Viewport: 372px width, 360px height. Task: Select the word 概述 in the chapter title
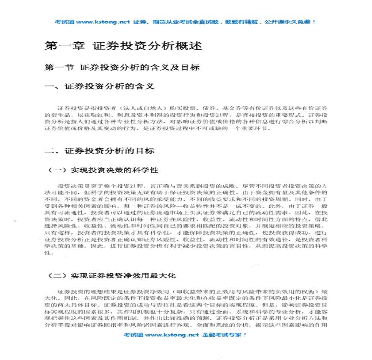[x=190, y=46]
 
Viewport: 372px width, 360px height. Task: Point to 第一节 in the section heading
[x=59, y=68]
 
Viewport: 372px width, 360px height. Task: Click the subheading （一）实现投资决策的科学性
[x=103, y=170]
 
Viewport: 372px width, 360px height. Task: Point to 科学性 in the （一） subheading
[x=148, y=170]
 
